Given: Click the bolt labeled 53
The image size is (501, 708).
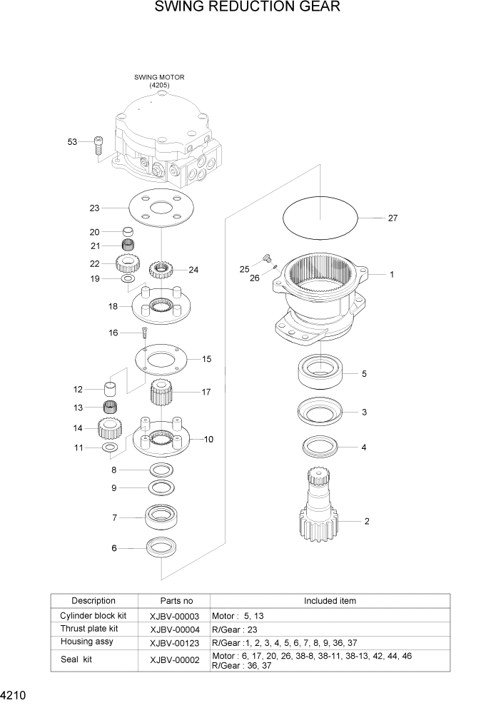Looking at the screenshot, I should (x=98, y=145).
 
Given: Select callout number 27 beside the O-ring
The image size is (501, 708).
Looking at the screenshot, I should (x=393, y=218).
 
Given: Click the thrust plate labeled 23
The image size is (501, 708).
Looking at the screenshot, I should (x=162, y=208).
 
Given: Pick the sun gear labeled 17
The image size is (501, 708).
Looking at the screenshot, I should (x=163, y=393).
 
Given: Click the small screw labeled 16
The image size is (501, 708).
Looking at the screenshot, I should (x=144, y=331).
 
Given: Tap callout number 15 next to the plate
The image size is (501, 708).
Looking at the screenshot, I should (x=206, y=359).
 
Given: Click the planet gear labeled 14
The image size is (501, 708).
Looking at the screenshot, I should (x=111, y=428).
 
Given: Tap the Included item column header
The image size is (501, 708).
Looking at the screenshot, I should (x=330, y=601).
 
